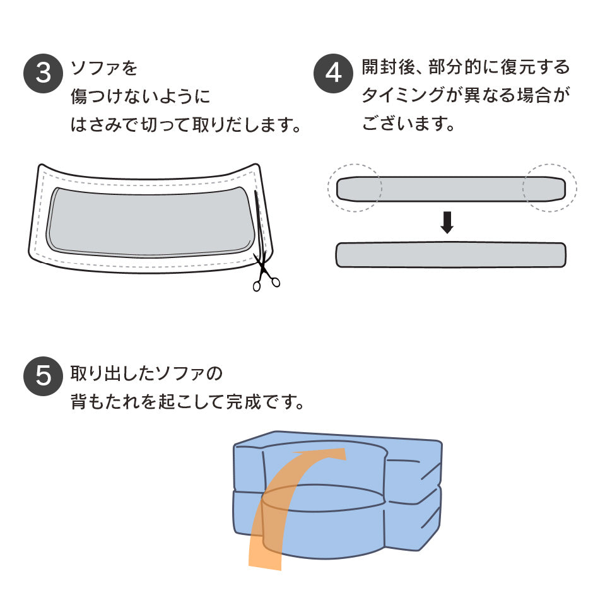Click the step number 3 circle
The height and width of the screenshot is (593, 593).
43,73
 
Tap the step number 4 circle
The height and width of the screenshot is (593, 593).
333,73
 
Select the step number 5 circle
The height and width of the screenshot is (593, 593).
43,376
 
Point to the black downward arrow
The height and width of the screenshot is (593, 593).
447,222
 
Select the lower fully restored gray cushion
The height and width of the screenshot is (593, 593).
451,255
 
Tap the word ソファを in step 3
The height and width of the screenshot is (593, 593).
104,68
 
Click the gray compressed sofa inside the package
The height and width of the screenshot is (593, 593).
151,221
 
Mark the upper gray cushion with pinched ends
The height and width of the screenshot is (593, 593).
451,189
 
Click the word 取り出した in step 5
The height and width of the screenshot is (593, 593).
113,373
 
